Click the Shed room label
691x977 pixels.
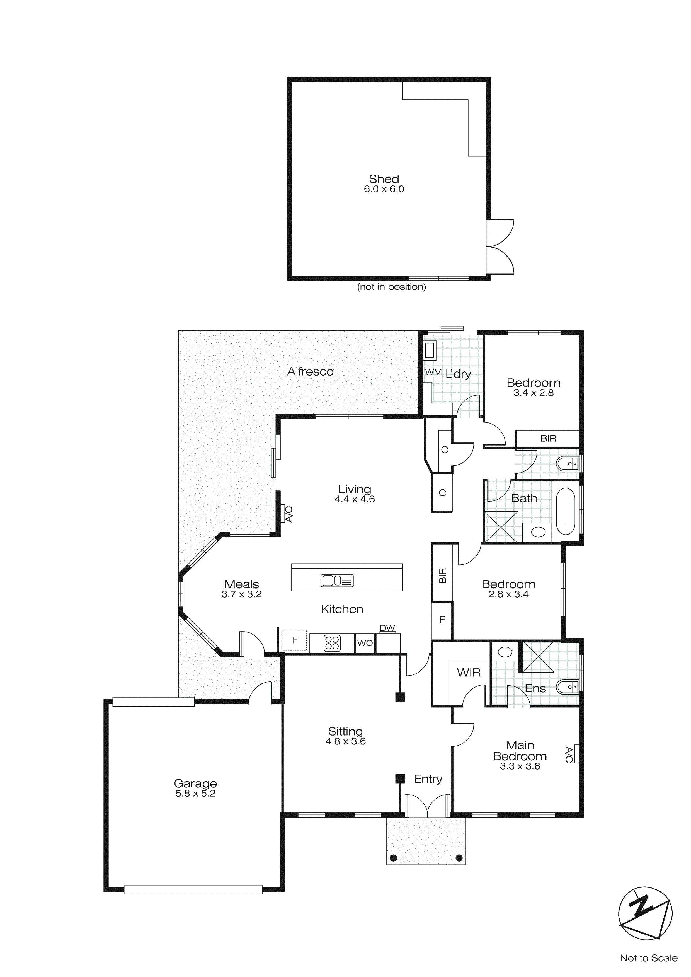coord(384,179)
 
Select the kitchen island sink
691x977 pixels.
coord(337,581)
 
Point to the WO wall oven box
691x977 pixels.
coord(365,644)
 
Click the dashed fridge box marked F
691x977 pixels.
coord(294,640)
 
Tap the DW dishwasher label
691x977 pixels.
coord(387,628)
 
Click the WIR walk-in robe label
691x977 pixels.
coord(469,673)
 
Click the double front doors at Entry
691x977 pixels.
coord(427,806)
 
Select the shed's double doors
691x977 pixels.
coord(501,246)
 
